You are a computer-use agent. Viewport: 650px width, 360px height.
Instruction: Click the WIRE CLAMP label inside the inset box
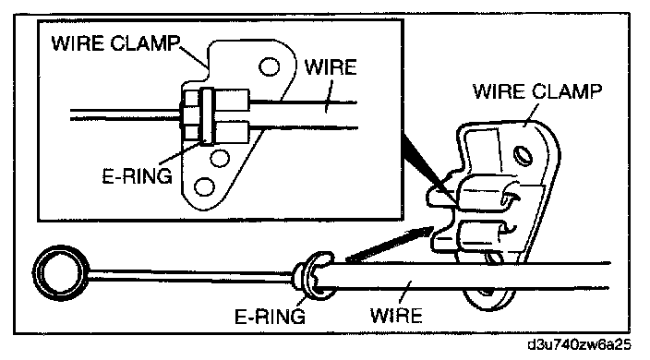[116, 43]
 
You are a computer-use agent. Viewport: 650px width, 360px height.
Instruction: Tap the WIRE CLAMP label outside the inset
[537, 91]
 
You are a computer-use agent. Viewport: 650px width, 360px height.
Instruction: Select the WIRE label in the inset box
[331, 67]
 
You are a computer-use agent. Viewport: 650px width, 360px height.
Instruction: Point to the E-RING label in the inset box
[138, 176]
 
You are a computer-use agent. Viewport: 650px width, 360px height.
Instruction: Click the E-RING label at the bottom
[270, 317]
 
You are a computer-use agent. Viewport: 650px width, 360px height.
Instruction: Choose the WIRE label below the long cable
[396, 316]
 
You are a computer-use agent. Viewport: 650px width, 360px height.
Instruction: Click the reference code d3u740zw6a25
[579, 344]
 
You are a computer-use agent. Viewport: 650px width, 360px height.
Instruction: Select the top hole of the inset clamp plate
[269, 66]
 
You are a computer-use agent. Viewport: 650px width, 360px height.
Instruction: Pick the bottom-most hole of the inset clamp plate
[204, 186]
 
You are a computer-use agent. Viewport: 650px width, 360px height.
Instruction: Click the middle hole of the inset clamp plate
[220, 158]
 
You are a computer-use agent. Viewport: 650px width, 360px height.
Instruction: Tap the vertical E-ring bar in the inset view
[207, 116]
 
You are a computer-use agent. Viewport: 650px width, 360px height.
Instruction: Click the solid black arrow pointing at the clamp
[389, 245]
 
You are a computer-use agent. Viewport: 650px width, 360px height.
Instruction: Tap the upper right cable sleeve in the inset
[232, 100]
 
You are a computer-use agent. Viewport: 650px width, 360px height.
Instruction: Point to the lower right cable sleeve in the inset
[232, 132]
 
